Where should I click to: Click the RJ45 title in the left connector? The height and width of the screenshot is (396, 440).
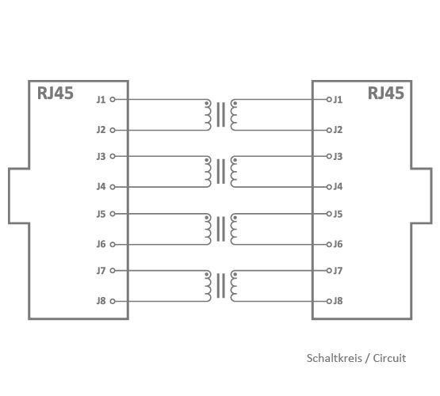[55, 93]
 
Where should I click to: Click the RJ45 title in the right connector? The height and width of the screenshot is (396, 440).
[386, 93]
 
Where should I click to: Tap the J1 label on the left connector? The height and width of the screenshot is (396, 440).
[101, 100]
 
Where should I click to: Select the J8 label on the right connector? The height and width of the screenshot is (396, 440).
[338, 301]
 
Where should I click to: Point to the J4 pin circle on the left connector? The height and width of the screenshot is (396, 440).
[113, 187]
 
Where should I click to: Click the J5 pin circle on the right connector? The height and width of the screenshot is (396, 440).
[329, 214]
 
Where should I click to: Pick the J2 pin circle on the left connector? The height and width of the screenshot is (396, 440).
[113, 130]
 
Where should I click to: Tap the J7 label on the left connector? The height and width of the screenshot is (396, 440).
[101, 271]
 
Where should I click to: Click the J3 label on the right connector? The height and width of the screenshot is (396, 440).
[338, 156]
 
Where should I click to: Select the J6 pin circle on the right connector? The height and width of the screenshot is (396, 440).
[329, 245]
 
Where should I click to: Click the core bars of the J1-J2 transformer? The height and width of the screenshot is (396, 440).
[221, 115]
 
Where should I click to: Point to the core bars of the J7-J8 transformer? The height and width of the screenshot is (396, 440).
[221, 286]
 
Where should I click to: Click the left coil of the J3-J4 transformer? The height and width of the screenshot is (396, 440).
[208, 172]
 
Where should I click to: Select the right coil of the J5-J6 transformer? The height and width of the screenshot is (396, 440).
[233, 229]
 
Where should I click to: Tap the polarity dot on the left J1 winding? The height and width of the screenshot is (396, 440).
[207, 104]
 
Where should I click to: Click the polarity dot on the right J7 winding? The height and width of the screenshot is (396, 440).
[235, 274]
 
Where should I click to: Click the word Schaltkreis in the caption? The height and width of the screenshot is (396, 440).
[335, 358]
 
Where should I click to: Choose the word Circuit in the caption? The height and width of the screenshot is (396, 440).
[389, 358]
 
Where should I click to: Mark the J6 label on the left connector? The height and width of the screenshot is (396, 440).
[101, 245]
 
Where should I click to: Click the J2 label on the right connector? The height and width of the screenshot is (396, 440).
[338, 130]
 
